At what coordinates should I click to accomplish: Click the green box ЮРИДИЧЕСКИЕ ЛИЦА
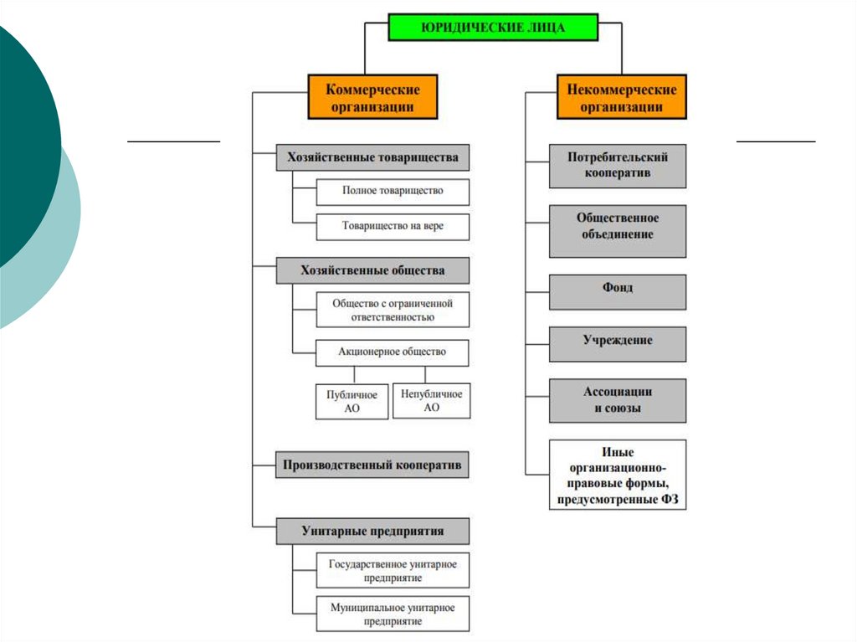coord(492,28)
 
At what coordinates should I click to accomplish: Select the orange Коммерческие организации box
coord(372,97)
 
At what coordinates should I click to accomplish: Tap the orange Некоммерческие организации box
coord(621,97)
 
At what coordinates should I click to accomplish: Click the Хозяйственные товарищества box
coord(372,157)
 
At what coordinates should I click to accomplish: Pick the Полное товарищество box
coord(393,192)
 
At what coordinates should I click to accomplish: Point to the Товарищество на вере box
coord(393,227)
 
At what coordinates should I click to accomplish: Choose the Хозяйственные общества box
coord(372,270)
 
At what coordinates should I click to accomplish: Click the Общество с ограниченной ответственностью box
coord(393,310)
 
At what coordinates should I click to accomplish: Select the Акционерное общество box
coord(393,352)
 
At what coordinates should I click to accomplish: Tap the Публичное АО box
coord(352,401)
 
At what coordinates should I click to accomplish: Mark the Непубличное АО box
coord(431,401)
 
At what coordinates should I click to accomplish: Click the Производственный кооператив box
coord(372,465)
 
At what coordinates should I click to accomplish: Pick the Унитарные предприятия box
coord(372,531)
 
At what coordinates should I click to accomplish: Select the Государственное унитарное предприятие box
coord(393,571)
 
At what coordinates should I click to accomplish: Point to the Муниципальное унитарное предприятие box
coord(393,614)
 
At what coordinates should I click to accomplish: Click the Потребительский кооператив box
coord(618,166)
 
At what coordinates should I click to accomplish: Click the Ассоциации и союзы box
coord(618,401)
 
